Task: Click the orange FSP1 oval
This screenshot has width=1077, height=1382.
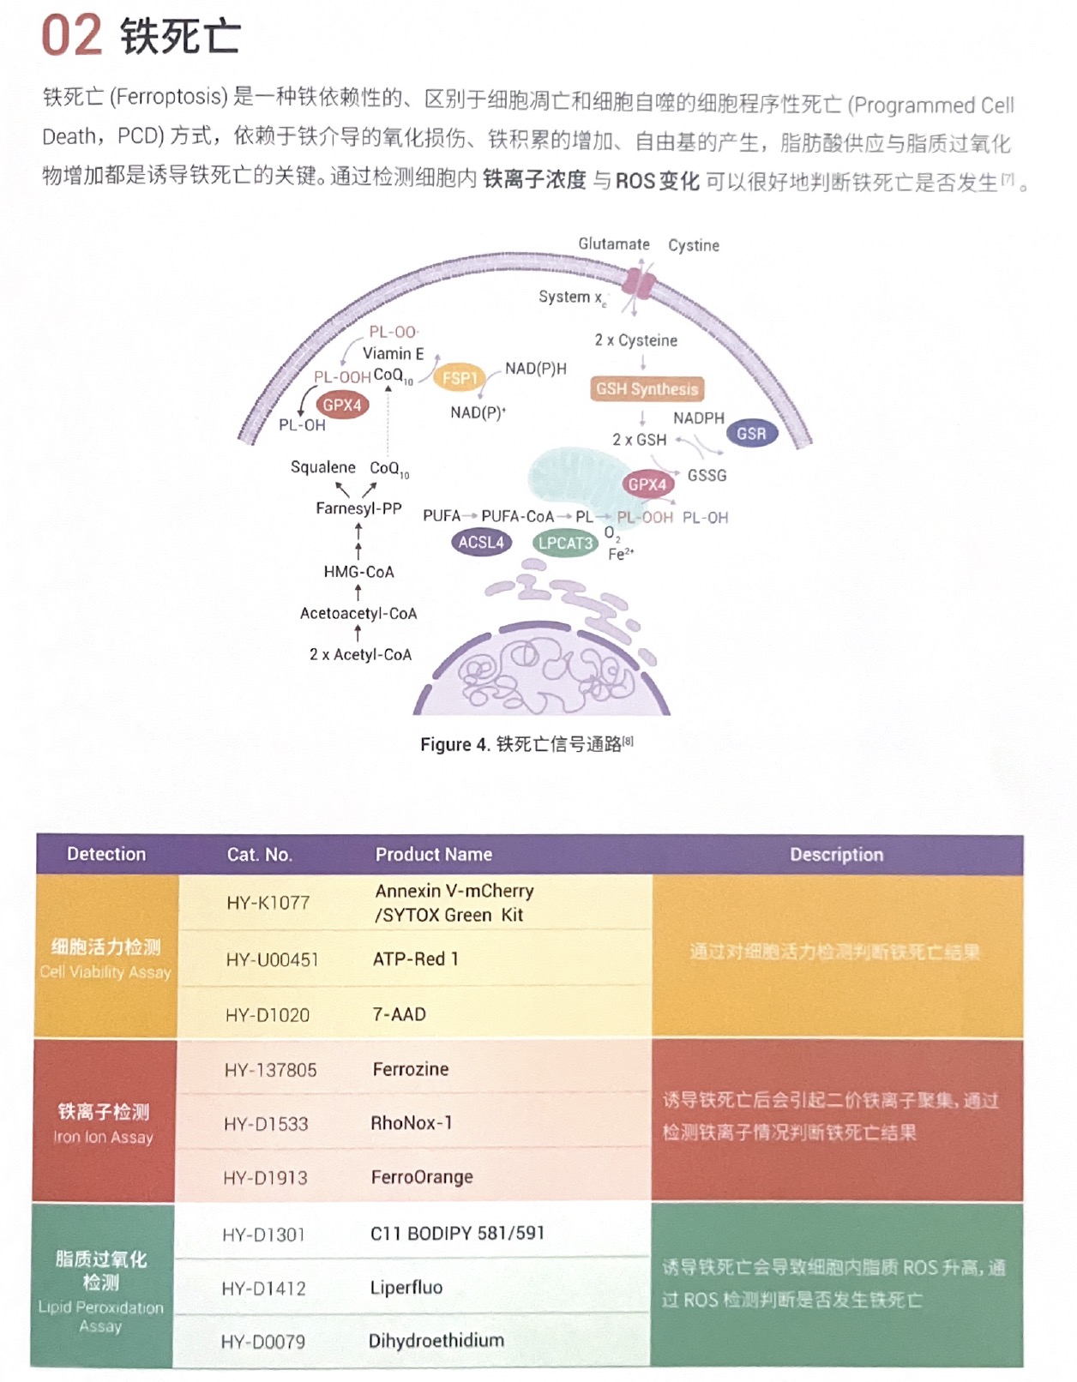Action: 460,378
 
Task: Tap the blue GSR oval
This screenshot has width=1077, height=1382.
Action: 751,434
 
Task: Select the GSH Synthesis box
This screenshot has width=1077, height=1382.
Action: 647,389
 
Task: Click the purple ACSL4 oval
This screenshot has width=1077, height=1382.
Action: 481,542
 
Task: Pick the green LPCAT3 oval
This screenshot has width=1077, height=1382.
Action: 565,543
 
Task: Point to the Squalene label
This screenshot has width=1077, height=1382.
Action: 322,467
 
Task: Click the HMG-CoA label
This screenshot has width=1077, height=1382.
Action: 358,572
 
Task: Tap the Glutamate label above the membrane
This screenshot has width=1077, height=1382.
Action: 614,244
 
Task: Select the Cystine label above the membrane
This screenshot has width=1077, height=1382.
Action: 694,245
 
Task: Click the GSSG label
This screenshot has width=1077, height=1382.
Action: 707,475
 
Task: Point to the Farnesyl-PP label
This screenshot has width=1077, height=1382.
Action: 358,508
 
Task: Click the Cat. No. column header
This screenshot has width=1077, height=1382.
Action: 260,854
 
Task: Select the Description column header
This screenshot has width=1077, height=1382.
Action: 836,854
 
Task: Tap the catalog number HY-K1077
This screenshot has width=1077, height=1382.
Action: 268,902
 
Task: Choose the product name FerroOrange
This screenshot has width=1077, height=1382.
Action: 422,1177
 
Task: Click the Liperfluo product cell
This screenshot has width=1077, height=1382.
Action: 406,1287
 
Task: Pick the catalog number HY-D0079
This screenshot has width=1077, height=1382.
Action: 263,1342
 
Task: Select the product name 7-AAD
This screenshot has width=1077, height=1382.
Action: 400,1014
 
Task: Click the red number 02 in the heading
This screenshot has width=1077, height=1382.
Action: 72,36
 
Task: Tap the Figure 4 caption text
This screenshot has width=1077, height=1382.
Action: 526,744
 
